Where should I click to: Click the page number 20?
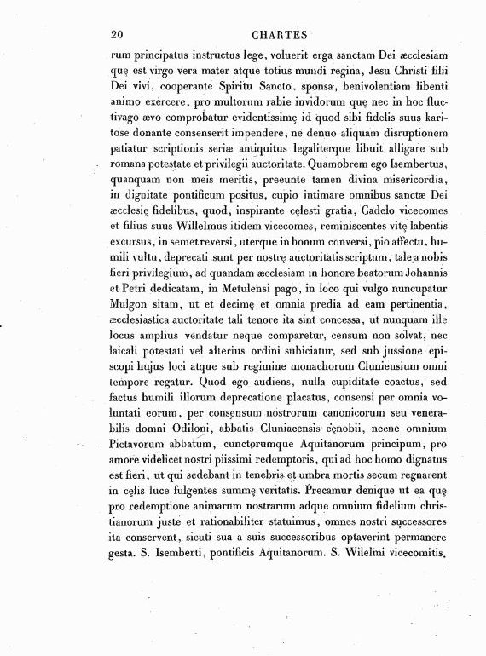[118, 34]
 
